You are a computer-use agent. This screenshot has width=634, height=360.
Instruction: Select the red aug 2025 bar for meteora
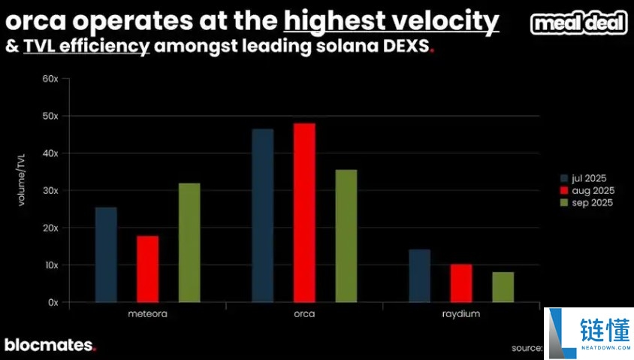pos(147,269)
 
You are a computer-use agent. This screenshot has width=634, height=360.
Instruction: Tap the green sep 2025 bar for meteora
pos(189,243)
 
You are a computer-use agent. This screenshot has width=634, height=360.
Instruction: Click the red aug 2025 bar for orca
pos(304,213)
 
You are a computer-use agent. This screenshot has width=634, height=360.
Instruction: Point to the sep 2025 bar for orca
pos(346,236)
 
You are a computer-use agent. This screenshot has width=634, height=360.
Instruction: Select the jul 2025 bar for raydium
pos(419,276)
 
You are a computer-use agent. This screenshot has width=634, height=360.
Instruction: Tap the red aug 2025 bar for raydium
pos(460,283)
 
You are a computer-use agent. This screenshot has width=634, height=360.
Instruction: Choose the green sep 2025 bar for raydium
pos(503,287)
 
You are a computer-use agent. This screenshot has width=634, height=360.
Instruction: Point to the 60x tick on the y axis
pos(50,79)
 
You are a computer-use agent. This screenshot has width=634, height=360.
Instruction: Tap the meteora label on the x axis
pos(147,313)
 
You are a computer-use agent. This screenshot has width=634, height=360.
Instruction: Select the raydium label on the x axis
pos(460,313)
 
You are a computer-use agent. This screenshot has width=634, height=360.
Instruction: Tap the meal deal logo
pos(578,23)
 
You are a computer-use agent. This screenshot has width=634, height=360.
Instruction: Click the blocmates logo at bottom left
pos(50,345)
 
